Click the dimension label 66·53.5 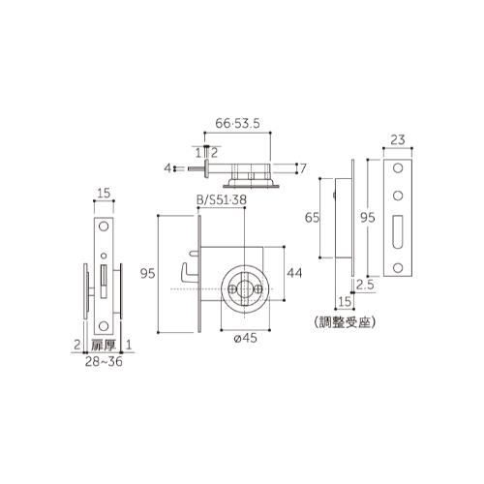(237, 124)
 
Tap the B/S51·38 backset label (222, 199)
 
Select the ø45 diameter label (245, 338)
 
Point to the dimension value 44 (294, 273)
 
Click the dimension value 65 (312, 218)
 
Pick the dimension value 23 (398, 140)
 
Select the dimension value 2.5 (365, 285)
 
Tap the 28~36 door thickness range (104, 362)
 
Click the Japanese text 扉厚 (104, 346)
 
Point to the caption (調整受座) (345, 322)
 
